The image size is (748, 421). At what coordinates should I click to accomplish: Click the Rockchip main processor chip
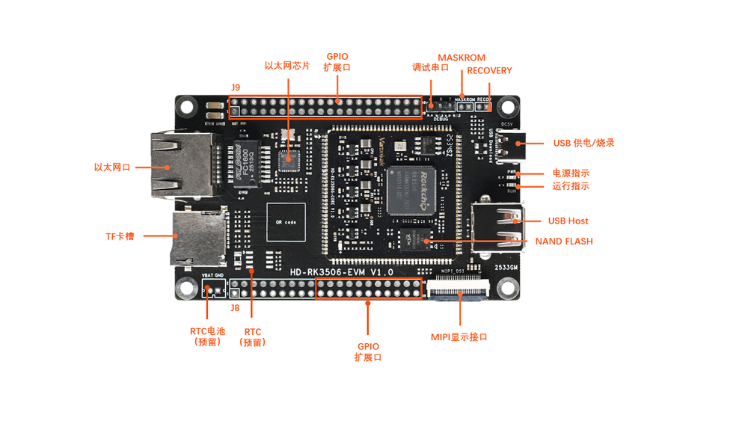411,191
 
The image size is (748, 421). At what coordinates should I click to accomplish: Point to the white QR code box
286,223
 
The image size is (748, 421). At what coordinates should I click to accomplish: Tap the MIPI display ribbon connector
459,289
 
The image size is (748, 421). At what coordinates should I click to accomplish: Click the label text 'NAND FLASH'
563,242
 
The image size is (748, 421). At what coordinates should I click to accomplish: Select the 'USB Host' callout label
568,221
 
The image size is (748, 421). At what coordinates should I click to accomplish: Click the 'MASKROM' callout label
461,58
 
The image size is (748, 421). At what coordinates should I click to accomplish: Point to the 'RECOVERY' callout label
489,70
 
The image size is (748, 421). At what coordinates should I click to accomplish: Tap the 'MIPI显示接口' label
459,337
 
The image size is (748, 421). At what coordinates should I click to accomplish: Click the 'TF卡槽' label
120,236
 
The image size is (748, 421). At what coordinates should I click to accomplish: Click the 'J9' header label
236,87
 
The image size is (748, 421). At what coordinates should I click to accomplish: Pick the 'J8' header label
235,307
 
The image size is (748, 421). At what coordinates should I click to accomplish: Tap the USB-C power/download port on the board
515,143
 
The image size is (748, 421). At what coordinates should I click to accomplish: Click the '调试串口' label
430,67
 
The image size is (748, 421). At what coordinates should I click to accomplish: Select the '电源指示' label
571,173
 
